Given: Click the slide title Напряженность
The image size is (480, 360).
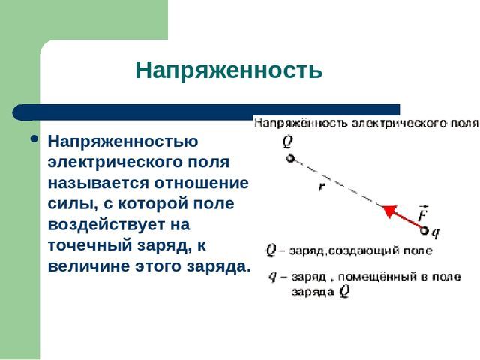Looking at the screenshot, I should (229, 71).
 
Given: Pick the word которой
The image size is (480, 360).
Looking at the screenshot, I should (160, 204).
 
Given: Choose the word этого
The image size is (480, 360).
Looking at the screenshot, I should (160, 267).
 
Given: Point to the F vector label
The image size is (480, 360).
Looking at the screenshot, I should (424, 214).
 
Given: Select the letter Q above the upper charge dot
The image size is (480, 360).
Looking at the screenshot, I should (288, 141).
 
